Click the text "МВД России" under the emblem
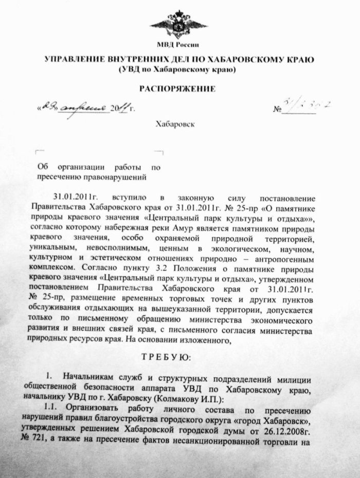point(178,46)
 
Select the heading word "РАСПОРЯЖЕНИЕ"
point(177,89)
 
